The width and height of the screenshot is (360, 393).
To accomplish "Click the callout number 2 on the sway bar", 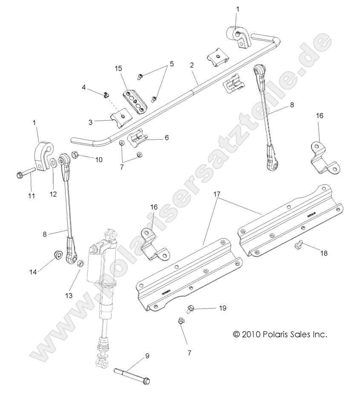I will (192, 66).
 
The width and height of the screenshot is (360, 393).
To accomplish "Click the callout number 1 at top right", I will (238, 9).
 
